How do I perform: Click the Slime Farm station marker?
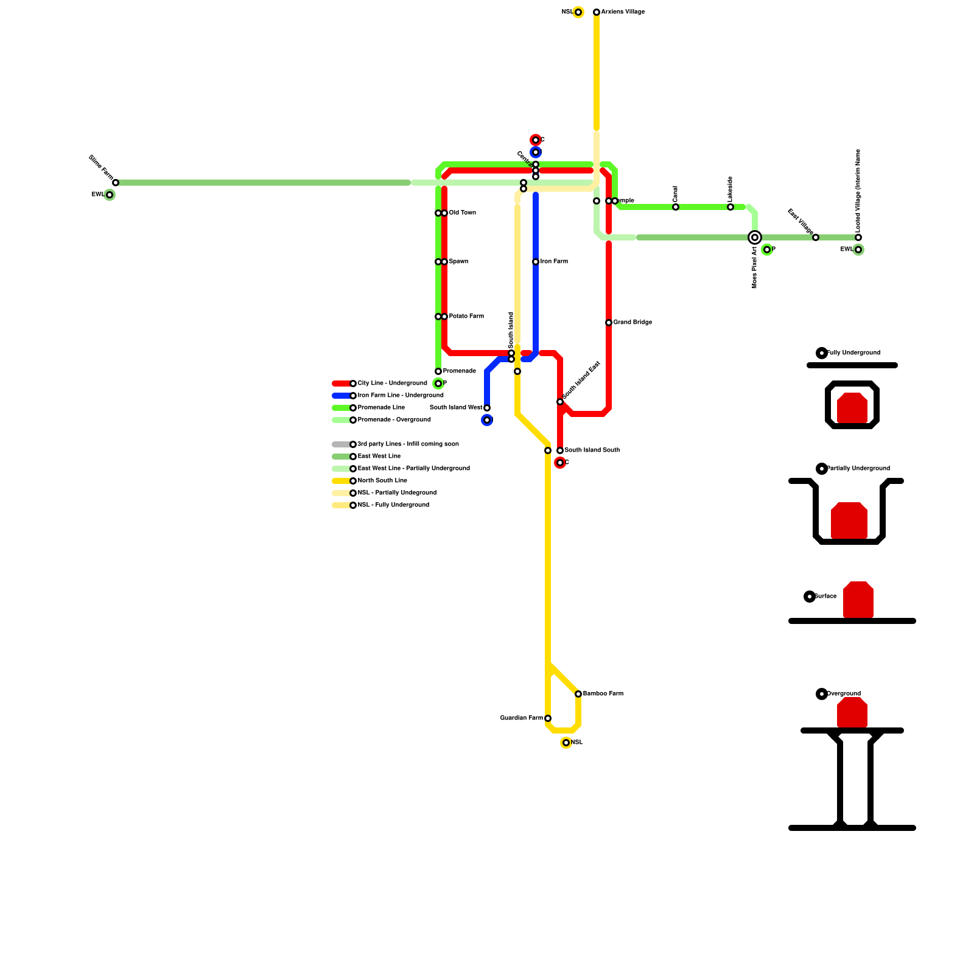pyautogui.click(x=116, y=183)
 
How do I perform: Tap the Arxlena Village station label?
pyautogui.click(x=622, y=12)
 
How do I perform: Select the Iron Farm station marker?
pyautogui.click(x=536, y=262)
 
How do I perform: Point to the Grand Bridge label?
pyautogui.click(x=632, y=323)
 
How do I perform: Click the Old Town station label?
pyautogui.click(x=463, y=213)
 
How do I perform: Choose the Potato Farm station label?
pyautogui.click(x=466, y=317)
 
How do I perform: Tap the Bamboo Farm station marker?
pyautogui.click(x=578, y=694)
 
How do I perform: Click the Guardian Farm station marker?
pyautogui.click(x=548, y=718)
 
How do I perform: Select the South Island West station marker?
pyautogui.click(x=487, y=408)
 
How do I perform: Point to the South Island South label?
pyautogui.click(x=592, y=450)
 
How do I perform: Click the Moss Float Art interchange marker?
pyautogui.click(x=755, y=237)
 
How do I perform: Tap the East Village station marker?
pyautogui.click(x=816, y=237)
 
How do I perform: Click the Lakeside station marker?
pyautogui.click(x=730, y=207)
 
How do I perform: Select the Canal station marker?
pyautogui.click(x=676, y=207)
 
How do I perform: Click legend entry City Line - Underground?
pyautogui.click(x=392, y=384)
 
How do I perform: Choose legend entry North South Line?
pyautogui.click(x=382, y=481)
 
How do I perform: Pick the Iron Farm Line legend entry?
pyautogui.click(x=400, y=396)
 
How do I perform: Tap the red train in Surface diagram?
pyautogui.click(x=858, y=600)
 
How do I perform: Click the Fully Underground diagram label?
pyautogui.click(x=853, y=353)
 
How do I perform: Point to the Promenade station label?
pyautogui.click(x=459, y=371)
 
